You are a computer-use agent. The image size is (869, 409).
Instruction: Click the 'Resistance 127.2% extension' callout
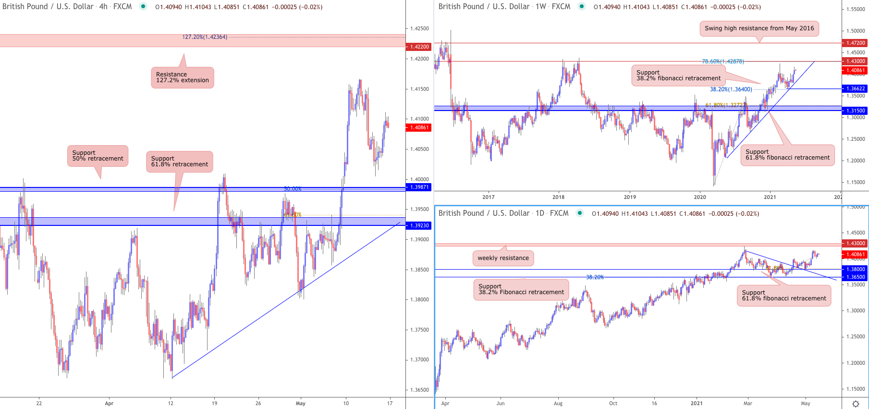pos(183,77)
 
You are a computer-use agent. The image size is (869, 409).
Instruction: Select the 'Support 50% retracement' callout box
pos(98,156)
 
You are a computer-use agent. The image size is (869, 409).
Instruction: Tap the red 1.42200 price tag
pos(419,47)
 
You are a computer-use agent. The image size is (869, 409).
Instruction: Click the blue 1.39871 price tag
pos(419,187)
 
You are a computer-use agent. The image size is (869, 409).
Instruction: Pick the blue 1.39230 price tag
pos(419,225)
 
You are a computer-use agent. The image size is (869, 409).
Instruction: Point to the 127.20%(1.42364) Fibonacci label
pos(205,37)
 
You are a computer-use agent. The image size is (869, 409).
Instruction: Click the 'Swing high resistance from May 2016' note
pos(759,28)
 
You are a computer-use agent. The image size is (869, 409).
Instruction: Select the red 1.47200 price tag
pos(855,43)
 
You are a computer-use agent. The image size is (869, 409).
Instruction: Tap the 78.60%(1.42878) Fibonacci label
pos(722,62)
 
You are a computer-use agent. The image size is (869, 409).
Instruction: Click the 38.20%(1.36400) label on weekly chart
pos(731,89)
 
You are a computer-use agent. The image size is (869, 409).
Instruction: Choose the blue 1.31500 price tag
pos(855,111)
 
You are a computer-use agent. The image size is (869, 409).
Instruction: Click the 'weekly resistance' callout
pos(503,258)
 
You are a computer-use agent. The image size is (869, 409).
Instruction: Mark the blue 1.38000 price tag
pos(855,269)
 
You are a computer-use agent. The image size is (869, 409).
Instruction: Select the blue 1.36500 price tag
pos(855,277)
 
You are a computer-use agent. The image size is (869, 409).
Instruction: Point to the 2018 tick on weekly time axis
pos(558,197)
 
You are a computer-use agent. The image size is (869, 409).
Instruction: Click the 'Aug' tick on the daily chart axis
pos(558,403)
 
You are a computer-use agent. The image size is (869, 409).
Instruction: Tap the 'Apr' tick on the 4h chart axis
pos(109,403)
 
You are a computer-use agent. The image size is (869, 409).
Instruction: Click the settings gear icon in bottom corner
pos(855,404)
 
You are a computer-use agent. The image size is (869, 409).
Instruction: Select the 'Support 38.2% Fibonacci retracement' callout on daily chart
pos(521,289)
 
